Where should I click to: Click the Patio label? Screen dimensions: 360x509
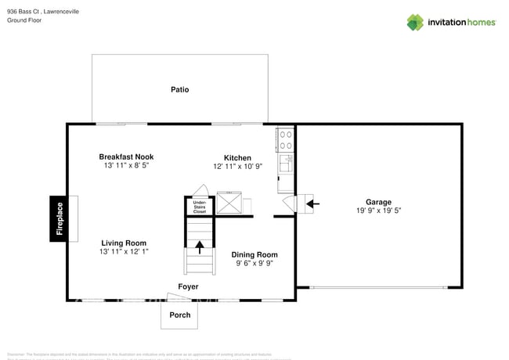pyautogui.click(x=179, y=89)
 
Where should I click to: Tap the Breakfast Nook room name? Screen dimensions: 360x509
pyautogui.click(x=125, y=157)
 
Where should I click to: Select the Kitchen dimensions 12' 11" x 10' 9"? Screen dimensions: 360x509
pyautogui.click(x=237, y=166)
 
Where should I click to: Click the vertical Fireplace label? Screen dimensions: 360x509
pyautogui.click(x=60, y=219)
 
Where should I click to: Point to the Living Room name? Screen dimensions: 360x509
pyautogui.click(x=124, y=243)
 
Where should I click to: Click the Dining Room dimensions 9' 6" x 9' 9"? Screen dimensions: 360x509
pyautogui.click(x=254, y=264)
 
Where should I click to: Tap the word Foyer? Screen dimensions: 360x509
pyautogui.click(x=188, y=286)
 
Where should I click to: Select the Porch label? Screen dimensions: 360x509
pyautogui.click(x=179, y=315)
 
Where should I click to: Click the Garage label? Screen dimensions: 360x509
pyautogui.click(x=379, y=201)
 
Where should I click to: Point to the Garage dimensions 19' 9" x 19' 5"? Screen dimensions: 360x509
pyautogui.click(x=379, y=211)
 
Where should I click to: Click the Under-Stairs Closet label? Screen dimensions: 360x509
pyautogui.click(x=200, y=207)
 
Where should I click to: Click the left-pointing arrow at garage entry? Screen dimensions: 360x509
pyautogui.click(x=312, y=204)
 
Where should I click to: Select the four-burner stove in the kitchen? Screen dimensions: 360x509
pyautogui.click(x=286, y=139)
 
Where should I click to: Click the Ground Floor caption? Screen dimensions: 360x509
pyautogui.click(x=24, y=20)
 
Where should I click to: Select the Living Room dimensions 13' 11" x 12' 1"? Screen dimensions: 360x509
pyautogui.click(x=124, y=252)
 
